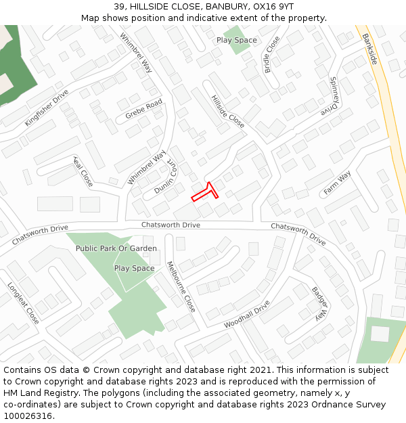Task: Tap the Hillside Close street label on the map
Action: coord(227,112)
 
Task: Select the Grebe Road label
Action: coord(143,110)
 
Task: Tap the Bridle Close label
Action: coord(272,55)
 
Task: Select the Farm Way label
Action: coord(337,183)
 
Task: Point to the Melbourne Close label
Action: coord(181,286)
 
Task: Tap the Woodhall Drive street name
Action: coord(247,315)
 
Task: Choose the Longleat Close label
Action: coord(23,303)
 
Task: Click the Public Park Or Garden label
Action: coord(116,248)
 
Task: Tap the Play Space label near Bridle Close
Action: coord(237,40)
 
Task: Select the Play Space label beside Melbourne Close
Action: coord(134,268)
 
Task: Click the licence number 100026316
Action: coord(28,416)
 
